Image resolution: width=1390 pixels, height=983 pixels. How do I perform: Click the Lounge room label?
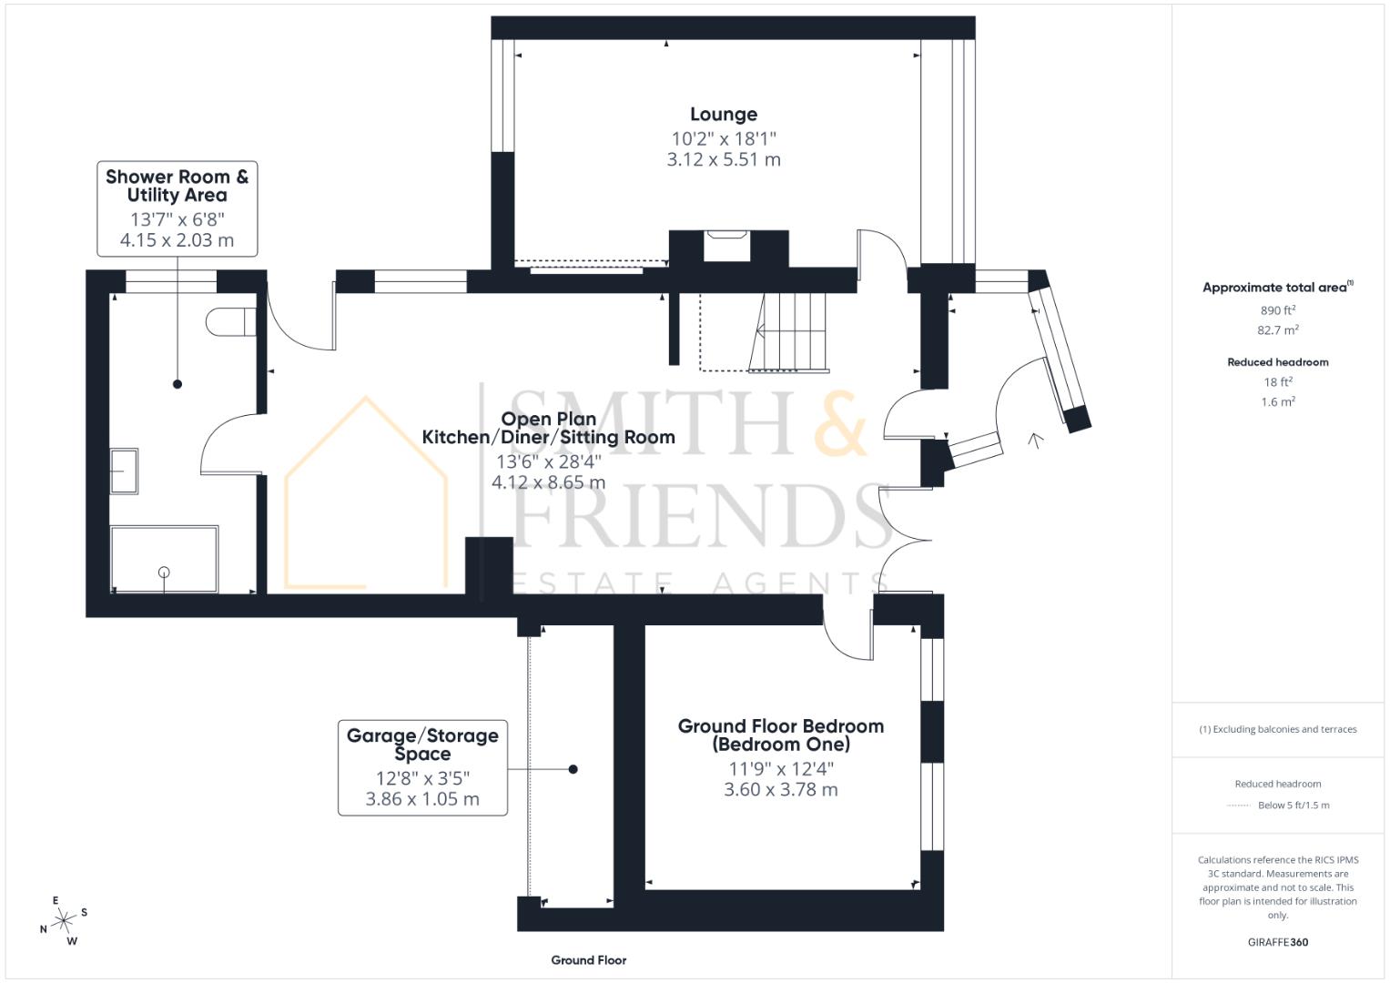pyautogui.click(x=723, y=115)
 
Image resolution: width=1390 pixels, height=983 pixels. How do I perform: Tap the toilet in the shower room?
pyautogui.click(x=231, y=322)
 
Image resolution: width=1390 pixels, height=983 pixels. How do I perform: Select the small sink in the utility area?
pyautogui.click(x=124, y=471)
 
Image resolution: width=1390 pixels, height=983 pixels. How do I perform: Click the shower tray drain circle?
pyautogui.click(x=164, y=572)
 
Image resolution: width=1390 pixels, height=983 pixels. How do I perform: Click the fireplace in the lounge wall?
pyautogui.click(x=726, y=247)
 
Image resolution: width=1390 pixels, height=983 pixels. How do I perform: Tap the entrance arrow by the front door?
pyautogui.click(x=1035, y=441)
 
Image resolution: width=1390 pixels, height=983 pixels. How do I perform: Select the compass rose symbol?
pyautogui.click(x=64, y=921)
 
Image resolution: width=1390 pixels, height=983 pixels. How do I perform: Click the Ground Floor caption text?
pyautogui.click(x=588, y=960)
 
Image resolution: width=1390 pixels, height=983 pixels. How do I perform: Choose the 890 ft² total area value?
pyautogui.click(x=1277, y=310)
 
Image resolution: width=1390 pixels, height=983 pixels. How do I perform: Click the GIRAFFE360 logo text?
pyautogui.click(x=1277, y=942)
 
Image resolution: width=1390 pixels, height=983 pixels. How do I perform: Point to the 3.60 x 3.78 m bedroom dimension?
pyautogui.click(x=780, y=790)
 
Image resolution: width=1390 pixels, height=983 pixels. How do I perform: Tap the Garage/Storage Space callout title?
pyautogui.click(x=422, y=745)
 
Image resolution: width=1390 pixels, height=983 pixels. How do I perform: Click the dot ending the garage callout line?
pyautogui.click(x=573, y=769)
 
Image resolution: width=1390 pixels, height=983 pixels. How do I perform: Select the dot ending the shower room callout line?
pyautogui.click(x=178, y=384)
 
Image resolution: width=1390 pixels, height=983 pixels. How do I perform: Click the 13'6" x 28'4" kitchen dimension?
pyautogui.click(x=548, y=461)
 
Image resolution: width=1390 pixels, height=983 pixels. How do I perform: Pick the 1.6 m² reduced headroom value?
pyautogui.click(x=1277, y=401)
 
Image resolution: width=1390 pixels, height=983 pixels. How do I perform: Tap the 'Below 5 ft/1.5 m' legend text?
pyautogui.click(x=1293, y=806)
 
